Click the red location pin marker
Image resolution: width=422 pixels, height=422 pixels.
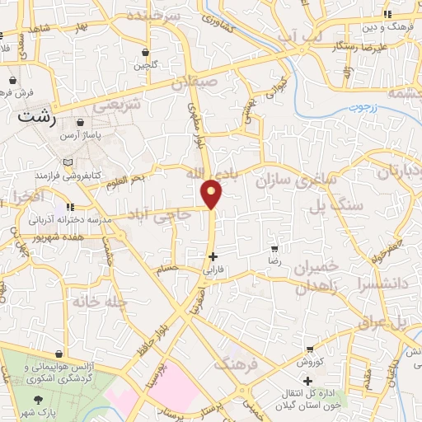(x=213, y=193)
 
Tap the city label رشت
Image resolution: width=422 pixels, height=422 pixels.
(x=40, y=118)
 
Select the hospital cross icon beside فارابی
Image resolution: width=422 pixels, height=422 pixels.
(x=213, y=256)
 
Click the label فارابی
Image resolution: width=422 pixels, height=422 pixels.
(x=213, y=270)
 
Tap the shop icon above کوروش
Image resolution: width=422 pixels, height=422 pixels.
(x=309, y=350)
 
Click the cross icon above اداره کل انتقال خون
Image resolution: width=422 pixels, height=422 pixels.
(x=307, y=381)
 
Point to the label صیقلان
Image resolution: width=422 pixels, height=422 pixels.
(x=197, y=82)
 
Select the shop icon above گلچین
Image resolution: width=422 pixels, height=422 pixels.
(x=145, y=51)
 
